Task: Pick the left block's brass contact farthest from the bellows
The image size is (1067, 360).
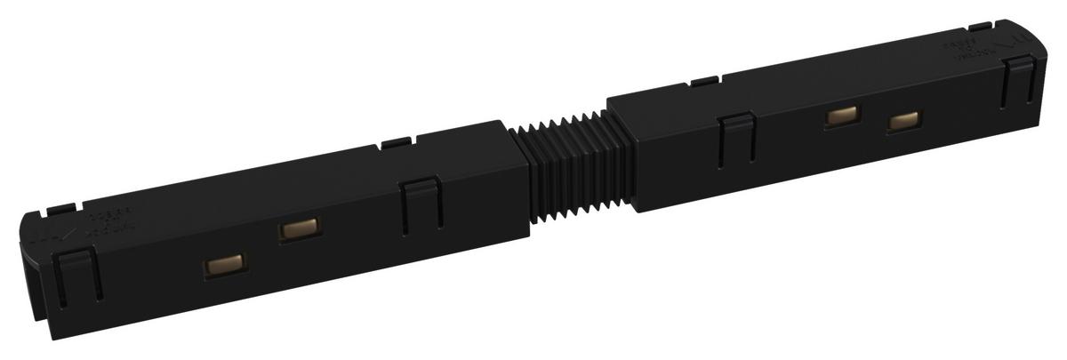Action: [x=223, y=265]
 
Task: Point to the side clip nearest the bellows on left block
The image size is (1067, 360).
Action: [x=420, y=207]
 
